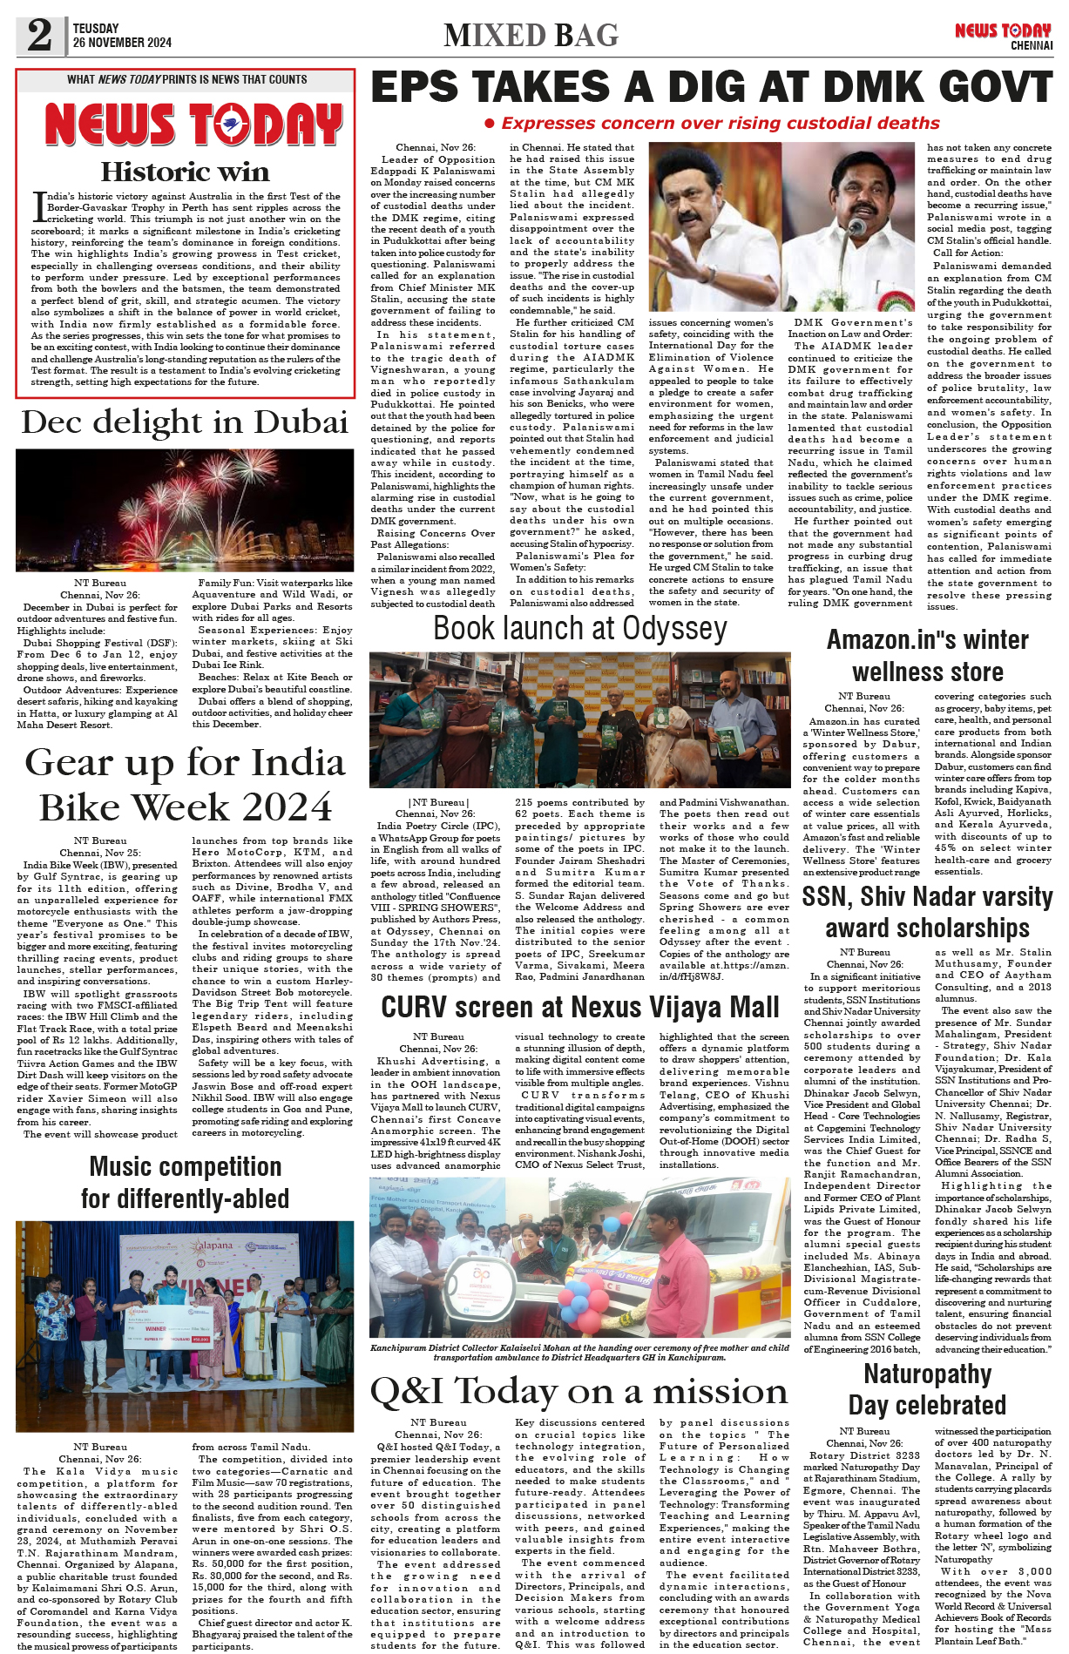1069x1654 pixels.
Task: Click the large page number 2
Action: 39,35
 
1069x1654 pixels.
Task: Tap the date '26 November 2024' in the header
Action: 122,43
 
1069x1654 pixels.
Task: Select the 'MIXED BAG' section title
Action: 531,36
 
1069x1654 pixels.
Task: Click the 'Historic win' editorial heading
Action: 185,172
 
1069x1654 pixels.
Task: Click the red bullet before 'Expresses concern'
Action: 490,124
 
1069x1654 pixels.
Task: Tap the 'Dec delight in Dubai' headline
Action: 185,422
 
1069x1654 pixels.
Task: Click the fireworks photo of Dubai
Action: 185,510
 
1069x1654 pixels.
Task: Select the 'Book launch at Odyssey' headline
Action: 580,629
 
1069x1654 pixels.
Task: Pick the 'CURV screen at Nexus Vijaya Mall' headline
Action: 580,1008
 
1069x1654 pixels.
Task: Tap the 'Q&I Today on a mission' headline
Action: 579,1391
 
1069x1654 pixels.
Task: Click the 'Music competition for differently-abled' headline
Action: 185,1183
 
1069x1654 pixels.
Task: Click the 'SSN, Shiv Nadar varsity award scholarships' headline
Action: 927,912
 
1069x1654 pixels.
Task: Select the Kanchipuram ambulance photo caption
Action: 579,1353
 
